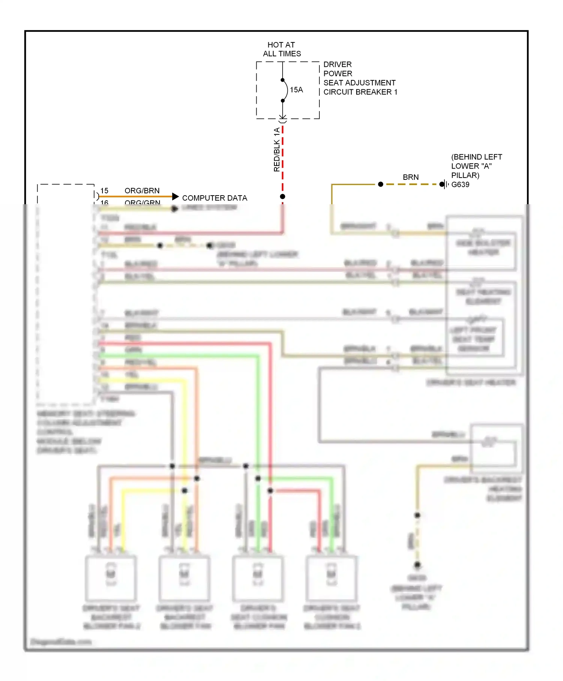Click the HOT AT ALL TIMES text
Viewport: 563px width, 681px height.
[281, 49]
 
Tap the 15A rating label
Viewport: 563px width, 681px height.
[296, 90]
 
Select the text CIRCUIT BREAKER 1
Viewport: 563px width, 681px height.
[360, 92]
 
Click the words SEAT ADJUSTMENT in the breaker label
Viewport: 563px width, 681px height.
[359, 83]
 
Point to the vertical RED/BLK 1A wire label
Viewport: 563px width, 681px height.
[277, 149]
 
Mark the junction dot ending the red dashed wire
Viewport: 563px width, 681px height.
[283, 196]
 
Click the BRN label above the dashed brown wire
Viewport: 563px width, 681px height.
[411, 177]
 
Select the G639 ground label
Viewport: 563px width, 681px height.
[460, 185]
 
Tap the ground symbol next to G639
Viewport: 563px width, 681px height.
[445, 184]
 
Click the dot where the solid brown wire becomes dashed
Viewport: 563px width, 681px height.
[381, 184]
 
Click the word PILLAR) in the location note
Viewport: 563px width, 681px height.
[465, 175]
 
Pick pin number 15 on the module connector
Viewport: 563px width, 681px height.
[104, 191]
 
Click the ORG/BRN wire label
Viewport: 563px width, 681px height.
[142, 191]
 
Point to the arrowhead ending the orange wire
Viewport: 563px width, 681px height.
[175, 196]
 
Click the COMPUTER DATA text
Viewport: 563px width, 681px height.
[214, 198]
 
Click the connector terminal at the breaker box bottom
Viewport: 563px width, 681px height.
[283, 119]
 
